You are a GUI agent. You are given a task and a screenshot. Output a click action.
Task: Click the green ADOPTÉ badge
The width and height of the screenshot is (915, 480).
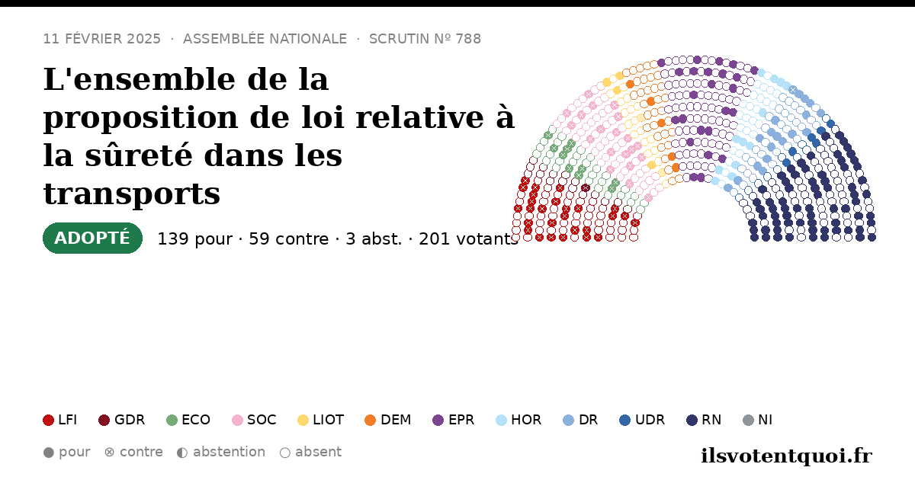click(92, 238)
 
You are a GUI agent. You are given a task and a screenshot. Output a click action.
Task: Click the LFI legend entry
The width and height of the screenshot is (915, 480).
click(60, 420)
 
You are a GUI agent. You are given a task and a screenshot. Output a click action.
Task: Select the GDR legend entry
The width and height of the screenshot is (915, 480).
click(122, 420)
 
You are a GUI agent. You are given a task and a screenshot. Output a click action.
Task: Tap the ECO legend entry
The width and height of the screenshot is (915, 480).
click(188, 420)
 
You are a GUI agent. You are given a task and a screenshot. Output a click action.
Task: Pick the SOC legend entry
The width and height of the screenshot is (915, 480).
click(254, 420)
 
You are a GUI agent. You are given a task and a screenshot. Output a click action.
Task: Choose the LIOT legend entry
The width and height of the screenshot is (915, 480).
click(321, 420)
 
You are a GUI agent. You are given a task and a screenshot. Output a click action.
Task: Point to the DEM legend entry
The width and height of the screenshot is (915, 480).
click(387, 420)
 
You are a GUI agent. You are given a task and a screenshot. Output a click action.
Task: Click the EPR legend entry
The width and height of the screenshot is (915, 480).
click(454, 420)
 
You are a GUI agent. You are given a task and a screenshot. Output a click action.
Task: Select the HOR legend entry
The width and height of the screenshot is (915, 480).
click(518, 420)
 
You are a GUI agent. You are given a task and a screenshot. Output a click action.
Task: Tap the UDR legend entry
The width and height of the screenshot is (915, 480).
click(642, 420)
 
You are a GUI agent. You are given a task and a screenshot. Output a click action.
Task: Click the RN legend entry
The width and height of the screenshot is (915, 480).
click(704, 420)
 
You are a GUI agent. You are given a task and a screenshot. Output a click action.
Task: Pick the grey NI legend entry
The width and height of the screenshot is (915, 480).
click(758, 420)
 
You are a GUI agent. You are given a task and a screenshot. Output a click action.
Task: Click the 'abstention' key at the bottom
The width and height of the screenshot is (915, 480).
click(221, 453)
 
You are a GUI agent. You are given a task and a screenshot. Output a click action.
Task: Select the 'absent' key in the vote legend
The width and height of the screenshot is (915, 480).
click(310, 453)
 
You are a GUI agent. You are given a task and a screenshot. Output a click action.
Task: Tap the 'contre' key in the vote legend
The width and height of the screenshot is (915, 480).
click(133, 453)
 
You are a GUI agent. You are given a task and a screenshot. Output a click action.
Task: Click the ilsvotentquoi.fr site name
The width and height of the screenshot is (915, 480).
click(787, 456)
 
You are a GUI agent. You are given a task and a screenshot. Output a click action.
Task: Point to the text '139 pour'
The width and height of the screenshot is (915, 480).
click(195, 239)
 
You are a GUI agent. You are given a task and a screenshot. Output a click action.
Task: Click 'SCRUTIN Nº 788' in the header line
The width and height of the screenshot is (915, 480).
click(425, 39)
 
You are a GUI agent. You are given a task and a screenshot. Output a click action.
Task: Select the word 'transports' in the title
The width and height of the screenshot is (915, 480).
click(132, 194)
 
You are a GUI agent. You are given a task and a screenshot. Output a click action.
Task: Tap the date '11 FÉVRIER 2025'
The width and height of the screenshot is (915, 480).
click(101, 39)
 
